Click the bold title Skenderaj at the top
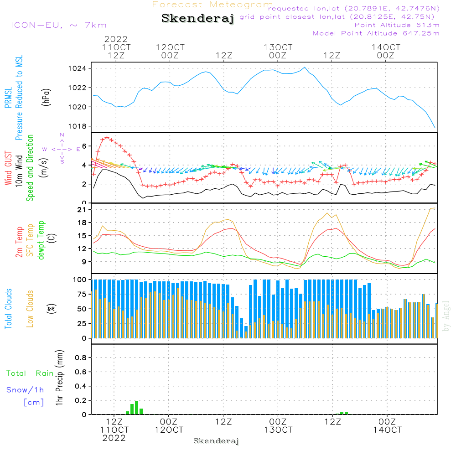click(x=197, y=19)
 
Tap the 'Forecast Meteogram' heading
click(x=212, y=5)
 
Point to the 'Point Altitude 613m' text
click(x=397, y=25)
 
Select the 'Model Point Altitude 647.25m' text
click(x=376, y=33)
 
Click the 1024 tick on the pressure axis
click(x=78, y=68)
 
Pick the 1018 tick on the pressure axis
click(x=78, y=126)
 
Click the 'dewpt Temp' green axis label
click(x=41, y=240)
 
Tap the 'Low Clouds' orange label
click(x=30, y=308)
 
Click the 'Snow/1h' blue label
click(x=25, y=390)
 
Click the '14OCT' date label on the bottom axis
click(x=387, y=430)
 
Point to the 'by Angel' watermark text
click(x=446, y=316)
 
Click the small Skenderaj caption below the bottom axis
click(x=216, y=441)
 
